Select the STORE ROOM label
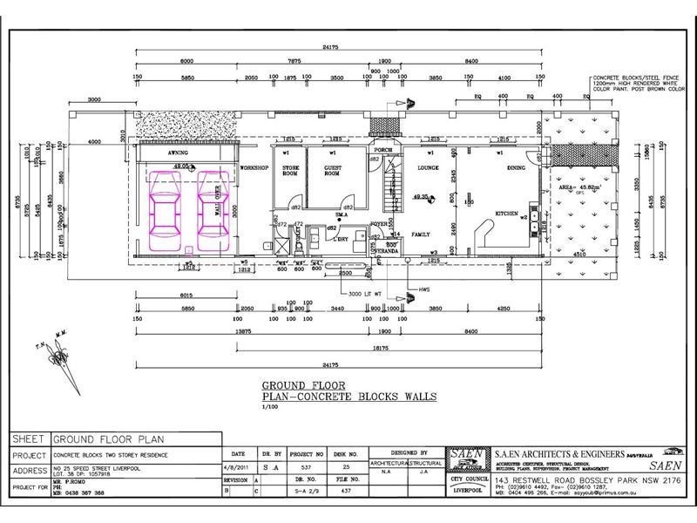point(291,171)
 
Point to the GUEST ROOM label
point(332,171)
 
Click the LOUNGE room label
point(428,166)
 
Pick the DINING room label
point(516,166)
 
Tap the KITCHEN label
point(508,213)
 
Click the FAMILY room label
point(422,234)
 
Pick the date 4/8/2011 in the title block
point(238,467)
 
